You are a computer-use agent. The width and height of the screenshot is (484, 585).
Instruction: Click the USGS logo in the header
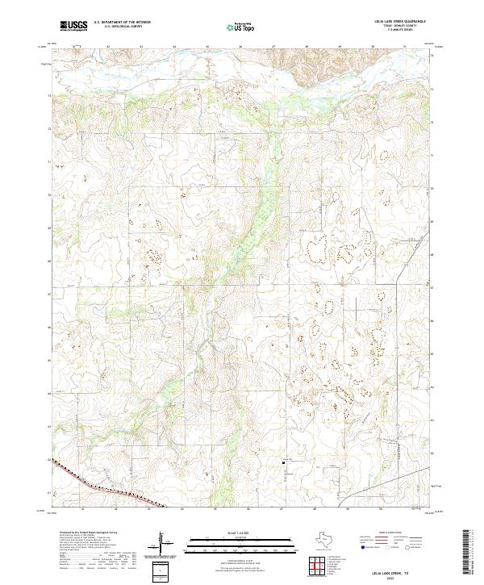tap(73, 26)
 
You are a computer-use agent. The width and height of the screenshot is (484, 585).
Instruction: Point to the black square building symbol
tap(283, 462)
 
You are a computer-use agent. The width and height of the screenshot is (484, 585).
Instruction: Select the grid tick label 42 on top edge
tap(108, 47)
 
